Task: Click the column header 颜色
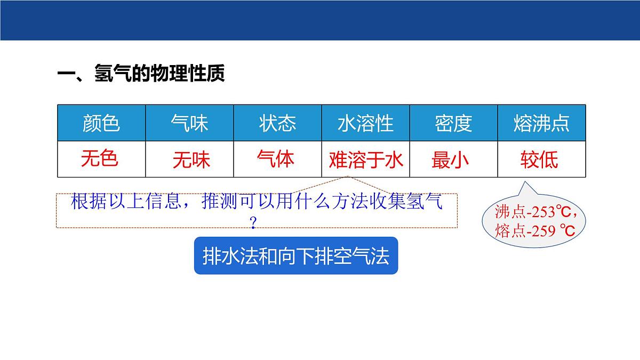point(101,123)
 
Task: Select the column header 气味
point(189,123)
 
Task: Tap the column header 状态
point(277,123)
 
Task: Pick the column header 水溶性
point(365,123)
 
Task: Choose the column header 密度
point(453,123)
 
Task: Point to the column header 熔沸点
point(541,123)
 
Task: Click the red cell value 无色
point(100,158)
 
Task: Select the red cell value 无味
point(191,160)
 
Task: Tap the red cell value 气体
point(275,158)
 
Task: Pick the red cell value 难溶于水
point(366,160)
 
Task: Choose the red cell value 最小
point(450,160)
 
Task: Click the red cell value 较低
point(539,160)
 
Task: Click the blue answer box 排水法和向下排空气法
point(296,256)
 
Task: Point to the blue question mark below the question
point(253,223)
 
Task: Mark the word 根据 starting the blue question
point(84,203)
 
